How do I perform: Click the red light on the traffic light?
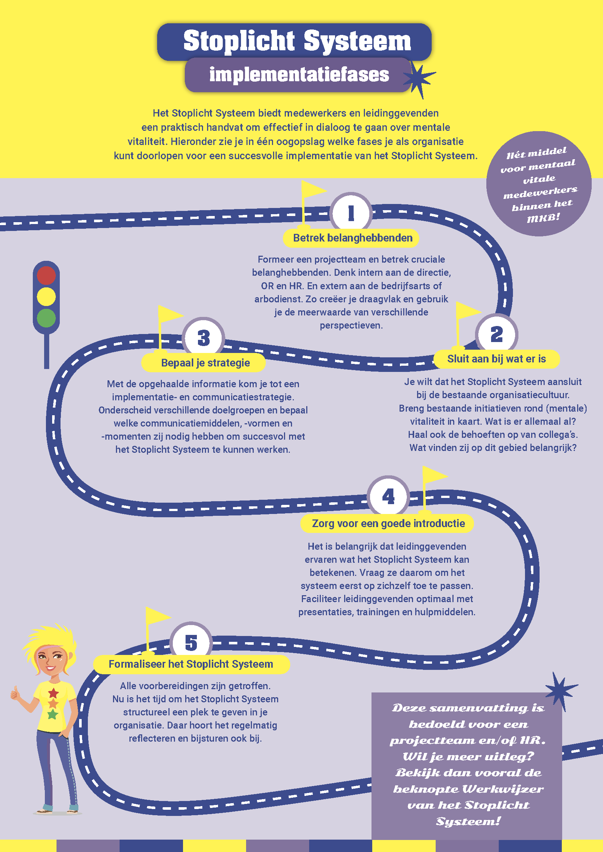click(46, 275)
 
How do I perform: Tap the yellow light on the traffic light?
click(46, 297)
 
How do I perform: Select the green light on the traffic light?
click(46, 318)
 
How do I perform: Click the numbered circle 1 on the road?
click(351, 213)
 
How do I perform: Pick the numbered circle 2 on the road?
click(497, 334)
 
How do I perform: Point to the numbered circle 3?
click(203, 338)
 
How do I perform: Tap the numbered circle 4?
click(388, 496)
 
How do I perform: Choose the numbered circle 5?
click(191, 643)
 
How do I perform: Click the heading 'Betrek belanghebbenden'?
click(353, 238)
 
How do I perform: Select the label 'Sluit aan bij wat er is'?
click(497, 359)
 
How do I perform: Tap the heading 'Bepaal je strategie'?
click(205, 362)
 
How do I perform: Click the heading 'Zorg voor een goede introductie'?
click(388, 523)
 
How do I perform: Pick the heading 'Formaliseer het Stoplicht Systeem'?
click(191, 664)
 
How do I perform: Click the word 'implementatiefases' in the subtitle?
click(299, 75)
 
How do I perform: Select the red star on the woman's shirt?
click(54, 692)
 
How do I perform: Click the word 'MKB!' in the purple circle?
click(543, 218)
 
